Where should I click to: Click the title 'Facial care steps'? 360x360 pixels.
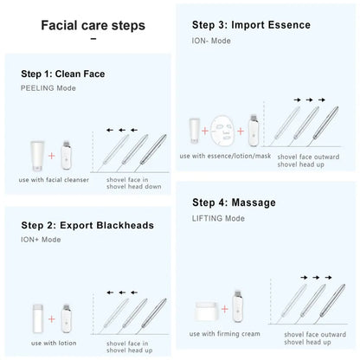pos(93,25)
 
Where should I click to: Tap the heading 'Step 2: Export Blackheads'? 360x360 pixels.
pos(87,225)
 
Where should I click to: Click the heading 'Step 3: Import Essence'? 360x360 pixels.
pos(251,25)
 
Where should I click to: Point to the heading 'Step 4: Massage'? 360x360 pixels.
pos(234,202)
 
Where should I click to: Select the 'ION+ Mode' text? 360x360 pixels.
pos(42,239)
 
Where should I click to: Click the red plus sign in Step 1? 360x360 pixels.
pos(53,157)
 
